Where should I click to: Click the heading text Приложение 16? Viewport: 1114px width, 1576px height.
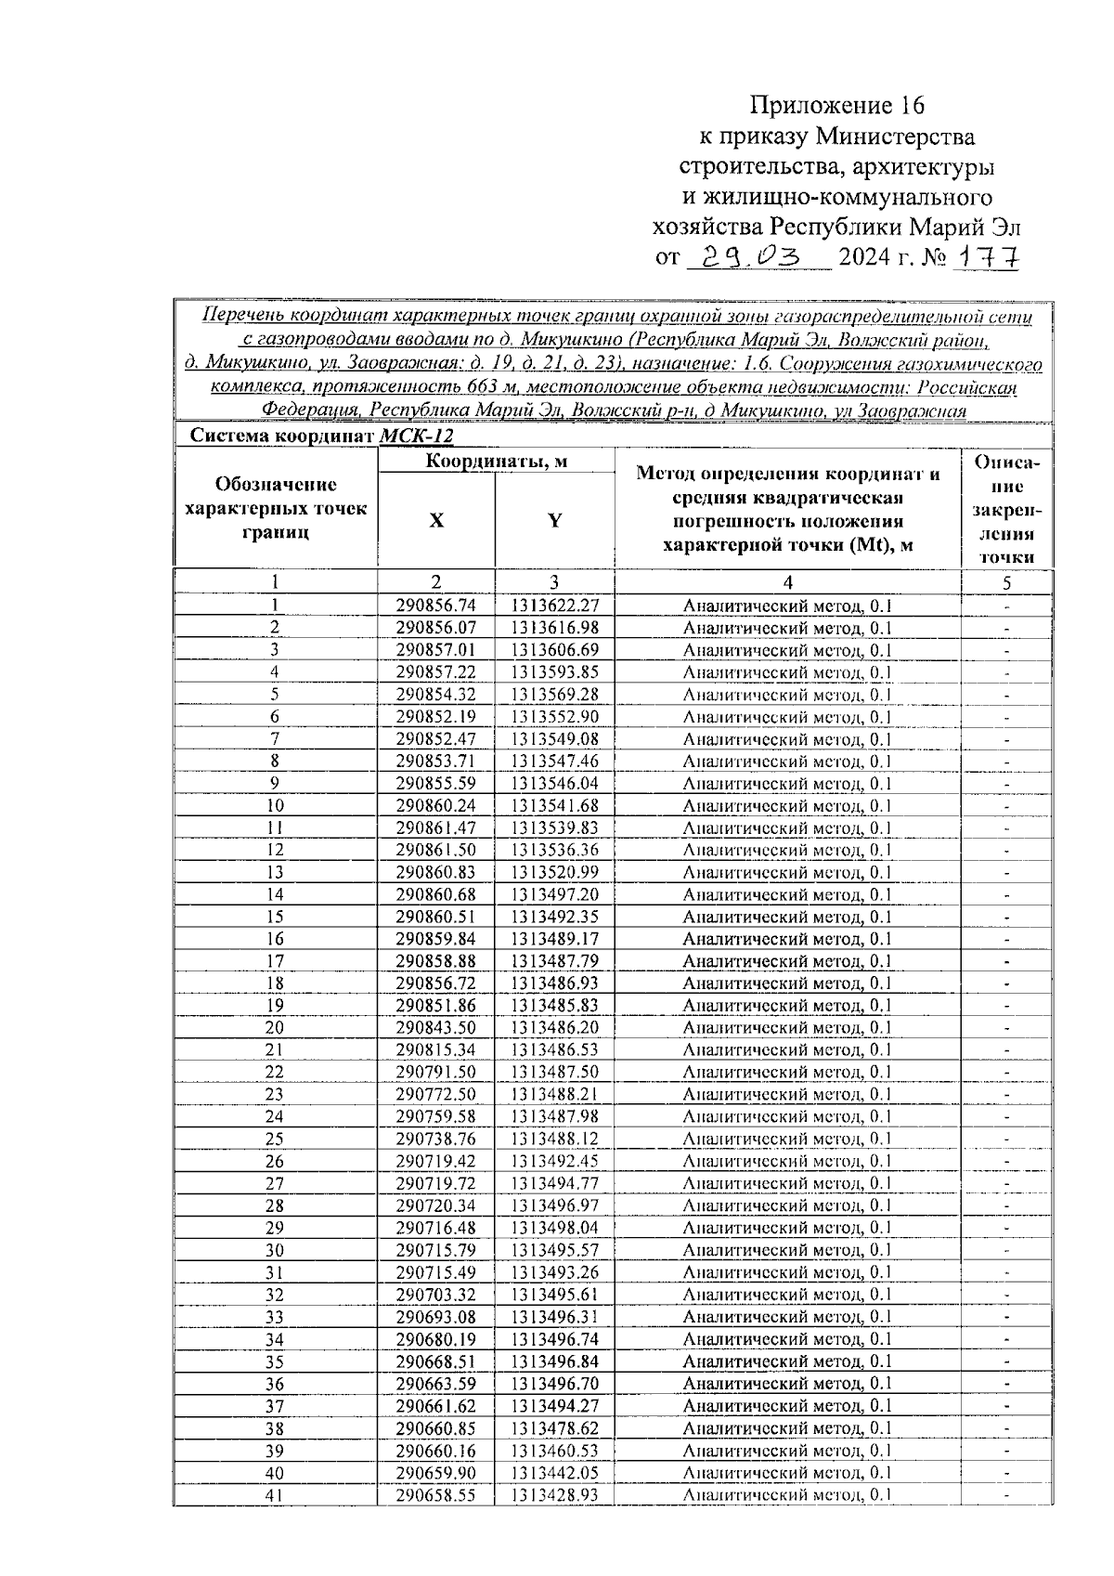(838, 105)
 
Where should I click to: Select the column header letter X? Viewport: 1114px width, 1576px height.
(435, 521)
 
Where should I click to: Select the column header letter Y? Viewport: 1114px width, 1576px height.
(554, 521)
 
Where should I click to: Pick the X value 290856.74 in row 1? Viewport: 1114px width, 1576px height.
(435, 606)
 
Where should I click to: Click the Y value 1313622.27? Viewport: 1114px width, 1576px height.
(554, 606)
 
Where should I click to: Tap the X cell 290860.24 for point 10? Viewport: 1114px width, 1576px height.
(435, 806)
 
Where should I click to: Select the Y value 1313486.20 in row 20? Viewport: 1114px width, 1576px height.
(554, 1028)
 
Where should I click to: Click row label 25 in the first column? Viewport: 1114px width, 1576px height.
(275, 1140)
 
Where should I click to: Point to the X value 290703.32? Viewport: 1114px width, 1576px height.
(435, 1295)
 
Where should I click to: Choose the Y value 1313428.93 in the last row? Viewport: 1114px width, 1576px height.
(554, 1495)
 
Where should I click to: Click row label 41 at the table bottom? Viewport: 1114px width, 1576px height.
(275, 1495)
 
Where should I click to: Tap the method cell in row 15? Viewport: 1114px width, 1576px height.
(787, 918)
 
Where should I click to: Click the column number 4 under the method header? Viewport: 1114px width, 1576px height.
(787, 583)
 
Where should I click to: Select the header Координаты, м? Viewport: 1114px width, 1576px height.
(496, 462)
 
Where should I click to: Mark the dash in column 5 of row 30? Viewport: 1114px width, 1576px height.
(1006, 1251)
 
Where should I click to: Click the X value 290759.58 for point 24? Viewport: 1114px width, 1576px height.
(435, 1117)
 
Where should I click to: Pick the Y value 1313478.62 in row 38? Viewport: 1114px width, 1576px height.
(554, 1428)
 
